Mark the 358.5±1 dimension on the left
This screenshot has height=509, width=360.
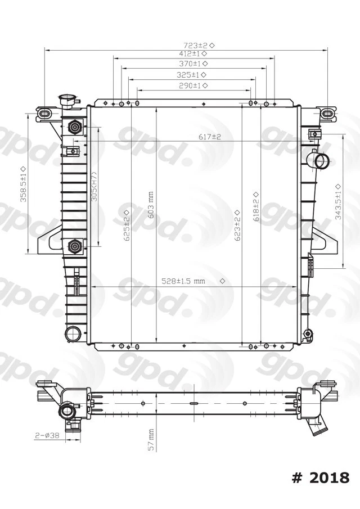point(23,184)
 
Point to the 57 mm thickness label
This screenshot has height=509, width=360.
point(151,439)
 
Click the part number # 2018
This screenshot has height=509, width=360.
point(321,478)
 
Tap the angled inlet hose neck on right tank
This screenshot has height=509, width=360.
point(320,161)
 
